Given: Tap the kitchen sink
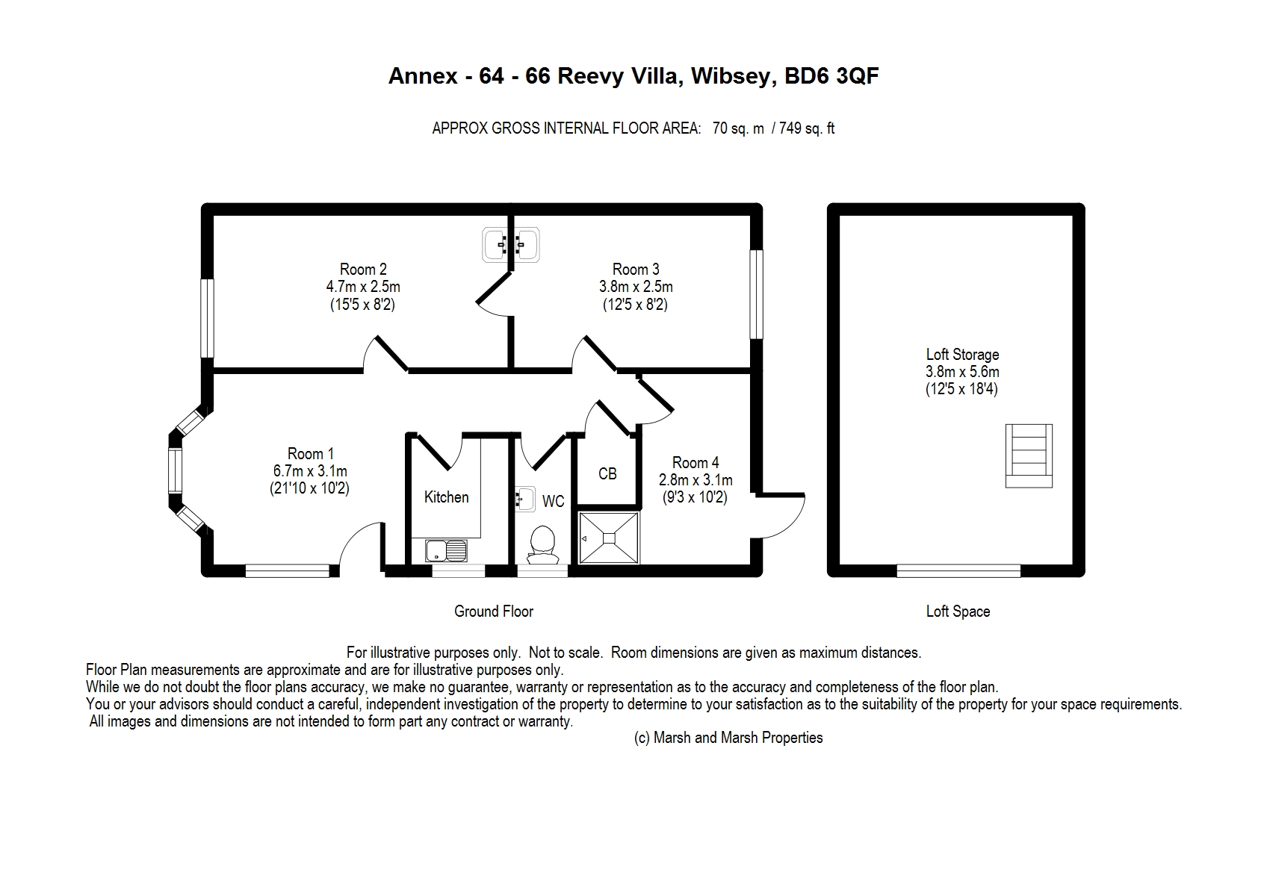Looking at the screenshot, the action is click(x=446, y=550).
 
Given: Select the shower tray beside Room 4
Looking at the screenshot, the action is click(x=609, y=538).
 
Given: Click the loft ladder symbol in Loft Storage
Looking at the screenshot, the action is click(x=1028, y=455).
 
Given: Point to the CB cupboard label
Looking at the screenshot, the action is click(x=607, y=473).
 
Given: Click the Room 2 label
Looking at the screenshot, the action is click(x=363, y=269).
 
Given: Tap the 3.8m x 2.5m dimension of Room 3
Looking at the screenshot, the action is click(x=636, y=287).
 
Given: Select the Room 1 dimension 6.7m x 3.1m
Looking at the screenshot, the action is click(x=310, y=470).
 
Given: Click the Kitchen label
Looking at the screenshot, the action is click(x=446, y=497).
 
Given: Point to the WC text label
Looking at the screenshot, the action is click(x=553, y=502).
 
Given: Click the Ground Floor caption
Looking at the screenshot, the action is click(x=494, y=611).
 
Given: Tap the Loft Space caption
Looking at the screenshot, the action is click(x=958, y=611).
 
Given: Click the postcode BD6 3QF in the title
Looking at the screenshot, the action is click(x=831, y=75).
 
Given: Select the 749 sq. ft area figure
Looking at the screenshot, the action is click(x=807, y=128).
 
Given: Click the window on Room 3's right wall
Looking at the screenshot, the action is click(x=756, y=294).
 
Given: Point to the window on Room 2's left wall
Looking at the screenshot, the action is click(x=208, y=318).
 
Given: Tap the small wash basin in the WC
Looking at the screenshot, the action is click(x=525, y=500).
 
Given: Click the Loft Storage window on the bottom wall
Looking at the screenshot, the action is click(x=958, y=570).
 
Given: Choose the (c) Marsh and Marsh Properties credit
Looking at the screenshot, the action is click(x=728, y=738).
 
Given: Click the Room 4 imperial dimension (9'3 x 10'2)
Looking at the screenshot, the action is click(x=696, y=497).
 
